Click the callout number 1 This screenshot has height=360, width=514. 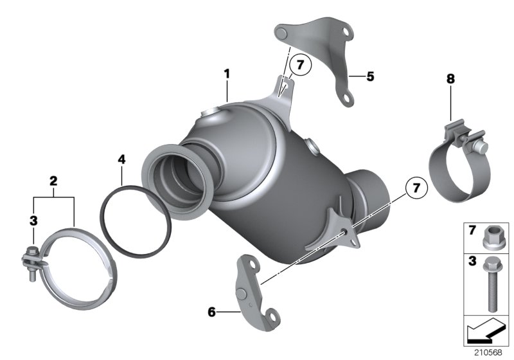pyautogui.click(x=226, y=74)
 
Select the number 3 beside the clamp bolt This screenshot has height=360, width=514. pyautogui.click(x=33, y=221)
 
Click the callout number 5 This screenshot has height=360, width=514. pyautogui.click(x=370, y=76)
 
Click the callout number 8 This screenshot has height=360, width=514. pyautogui.click(x=450, y=79)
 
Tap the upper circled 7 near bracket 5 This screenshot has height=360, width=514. pyautogui.click(x=300, y=65)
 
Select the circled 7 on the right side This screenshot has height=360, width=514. pyautogui.click(x=416, y=188)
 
